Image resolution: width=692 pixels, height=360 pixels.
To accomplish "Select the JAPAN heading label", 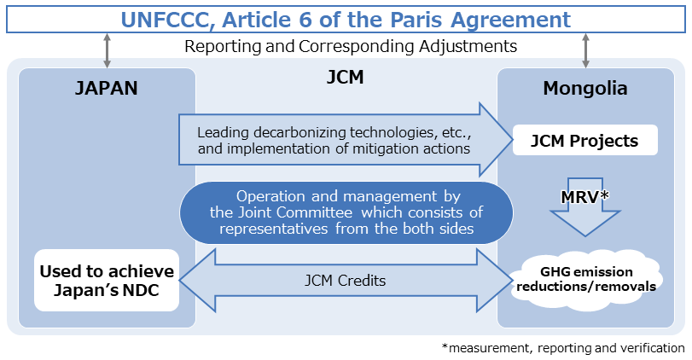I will pos(107,88).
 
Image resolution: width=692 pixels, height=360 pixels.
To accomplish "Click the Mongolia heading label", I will pos(585,88).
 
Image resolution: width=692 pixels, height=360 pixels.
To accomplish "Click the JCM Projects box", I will pos(585,141).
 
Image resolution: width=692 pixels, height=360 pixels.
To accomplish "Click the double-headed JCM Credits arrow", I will pos(346,280).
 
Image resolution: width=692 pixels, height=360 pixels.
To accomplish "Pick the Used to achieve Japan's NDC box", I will pos(107,281).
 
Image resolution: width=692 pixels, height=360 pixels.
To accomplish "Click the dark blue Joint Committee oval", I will pos(346,212).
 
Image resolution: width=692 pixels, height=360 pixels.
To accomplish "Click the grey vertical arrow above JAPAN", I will pos(107,50).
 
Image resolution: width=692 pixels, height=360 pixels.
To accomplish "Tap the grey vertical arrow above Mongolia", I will pos(585,50).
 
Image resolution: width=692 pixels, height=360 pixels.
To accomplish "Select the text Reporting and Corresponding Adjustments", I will pos(351,46).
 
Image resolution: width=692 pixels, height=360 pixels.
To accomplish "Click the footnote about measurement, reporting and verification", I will pos(563,348).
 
